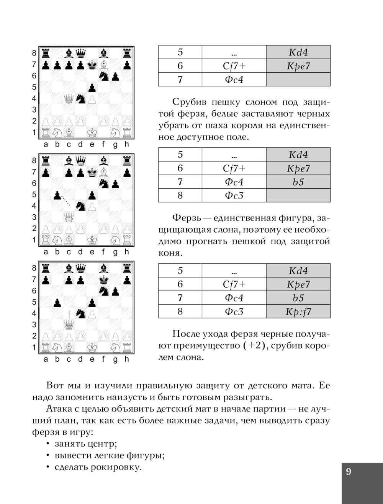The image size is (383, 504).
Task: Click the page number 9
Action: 348,471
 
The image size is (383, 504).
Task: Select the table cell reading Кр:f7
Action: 298,312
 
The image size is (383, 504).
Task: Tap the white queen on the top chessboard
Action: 69,99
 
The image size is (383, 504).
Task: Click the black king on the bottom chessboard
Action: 103,279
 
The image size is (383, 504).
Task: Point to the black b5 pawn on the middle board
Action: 57,195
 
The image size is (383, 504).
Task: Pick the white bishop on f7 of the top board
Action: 103,65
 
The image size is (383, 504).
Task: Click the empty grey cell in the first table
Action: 298,80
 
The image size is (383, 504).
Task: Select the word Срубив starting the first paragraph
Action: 188,102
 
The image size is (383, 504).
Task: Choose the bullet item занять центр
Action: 85,444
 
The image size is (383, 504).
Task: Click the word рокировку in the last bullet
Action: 119,467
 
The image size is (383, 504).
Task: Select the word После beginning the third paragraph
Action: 187,334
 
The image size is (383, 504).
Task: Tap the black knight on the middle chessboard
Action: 80,206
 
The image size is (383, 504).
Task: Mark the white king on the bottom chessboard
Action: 92,347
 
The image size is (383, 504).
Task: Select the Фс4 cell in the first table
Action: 234,80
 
